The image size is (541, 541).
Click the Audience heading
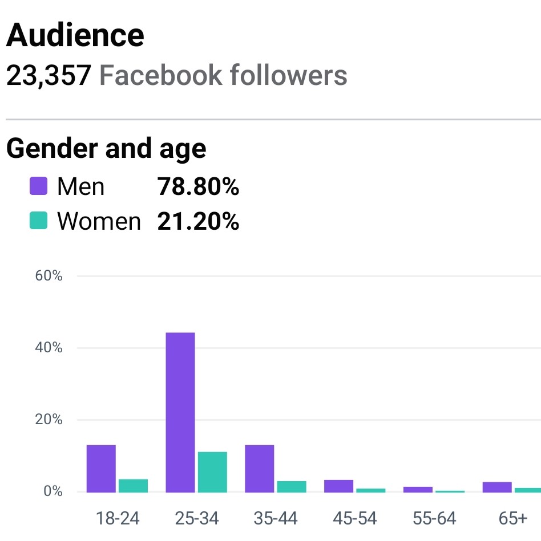(x=75, y=35)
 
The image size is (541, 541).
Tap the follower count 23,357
(x=48, y=75)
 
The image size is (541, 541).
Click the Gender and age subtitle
(x=106, y=148)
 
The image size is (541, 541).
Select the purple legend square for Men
(x=38, y=186)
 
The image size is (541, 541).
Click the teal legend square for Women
(x=38, y=221)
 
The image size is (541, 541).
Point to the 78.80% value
(x=198, y=186)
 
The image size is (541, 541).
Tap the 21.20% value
(x=198, y=221)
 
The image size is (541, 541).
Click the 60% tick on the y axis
(x=49, y=276)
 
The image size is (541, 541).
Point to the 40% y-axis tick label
(x=49, y=348)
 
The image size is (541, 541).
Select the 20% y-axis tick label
(x=49, y=420)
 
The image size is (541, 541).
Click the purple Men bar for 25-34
(x=180, y=412)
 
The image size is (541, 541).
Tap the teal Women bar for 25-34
(x=212, y=471)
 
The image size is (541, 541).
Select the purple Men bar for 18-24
(x=101, y=468)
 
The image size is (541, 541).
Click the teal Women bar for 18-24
(x=133, y=485)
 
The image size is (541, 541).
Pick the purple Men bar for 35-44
(x=260, y=468)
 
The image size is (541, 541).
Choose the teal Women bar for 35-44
(x=292, y=486)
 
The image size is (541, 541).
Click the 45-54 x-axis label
(x=355, y=518)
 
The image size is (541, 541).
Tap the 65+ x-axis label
(x=512, y=518)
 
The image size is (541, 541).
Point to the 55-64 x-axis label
(x=434, y=518)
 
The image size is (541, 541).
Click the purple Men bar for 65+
(x=497, y=487)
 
